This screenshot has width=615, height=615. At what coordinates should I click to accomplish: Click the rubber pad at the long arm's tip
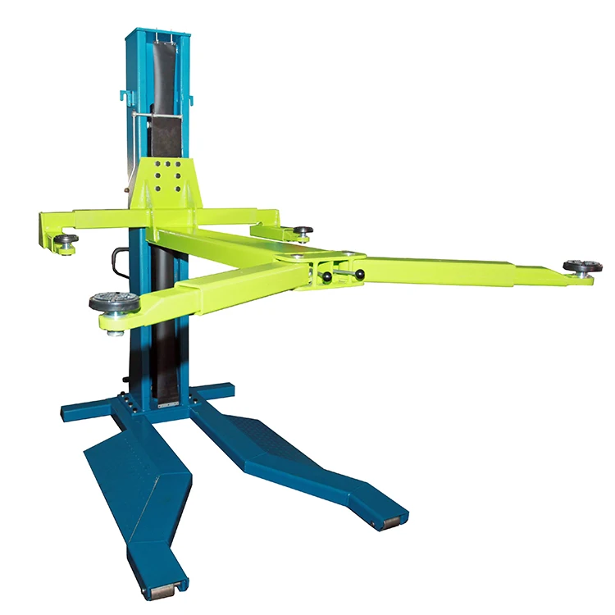click(582, 266)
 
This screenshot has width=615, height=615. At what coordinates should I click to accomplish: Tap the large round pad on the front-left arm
click(113, 302)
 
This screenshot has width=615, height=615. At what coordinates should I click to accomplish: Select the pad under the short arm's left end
click(66, 240)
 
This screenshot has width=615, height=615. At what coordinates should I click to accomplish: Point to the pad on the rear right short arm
click(302, 232)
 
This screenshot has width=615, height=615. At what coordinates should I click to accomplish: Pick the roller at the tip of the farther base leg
click(389, 522)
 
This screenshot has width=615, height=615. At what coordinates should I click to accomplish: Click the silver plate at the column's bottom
click(167, 404)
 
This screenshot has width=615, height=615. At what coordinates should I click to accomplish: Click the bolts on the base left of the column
click(127, 402)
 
